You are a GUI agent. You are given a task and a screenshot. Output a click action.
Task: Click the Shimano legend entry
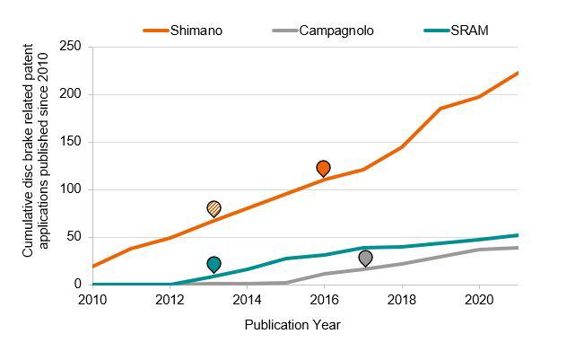point(183,31)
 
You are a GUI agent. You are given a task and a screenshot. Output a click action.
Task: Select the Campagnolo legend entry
point(323,31)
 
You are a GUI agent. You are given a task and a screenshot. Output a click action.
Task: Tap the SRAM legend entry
point(457,31)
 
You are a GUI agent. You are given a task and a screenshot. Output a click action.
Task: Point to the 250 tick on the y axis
point(70,46)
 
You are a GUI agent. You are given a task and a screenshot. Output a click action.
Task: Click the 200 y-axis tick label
point(70,94)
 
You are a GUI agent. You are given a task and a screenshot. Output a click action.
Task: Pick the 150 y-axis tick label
point(70,142)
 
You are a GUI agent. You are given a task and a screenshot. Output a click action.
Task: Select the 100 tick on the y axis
point(70,189)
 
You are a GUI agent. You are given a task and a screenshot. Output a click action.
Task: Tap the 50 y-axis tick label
point(74,237)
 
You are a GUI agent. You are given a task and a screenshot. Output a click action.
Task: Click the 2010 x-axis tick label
point(92,300)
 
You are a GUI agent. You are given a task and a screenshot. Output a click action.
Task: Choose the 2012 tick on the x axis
point(170,300)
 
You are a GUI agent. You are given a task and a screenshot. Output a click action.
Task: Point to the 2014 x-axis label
point(247,300)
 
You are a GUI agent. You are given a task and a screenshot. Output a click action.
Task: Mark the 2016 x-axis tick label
point(325,300)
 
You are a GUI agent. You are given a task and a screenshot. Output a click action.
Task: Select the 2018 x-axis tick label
point(402,300)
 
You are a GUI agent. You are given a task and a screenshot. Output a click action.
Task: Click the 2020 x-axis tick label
point(479,300)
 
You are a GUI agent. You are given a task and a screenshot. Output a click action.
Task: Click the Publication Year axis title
point(292,325)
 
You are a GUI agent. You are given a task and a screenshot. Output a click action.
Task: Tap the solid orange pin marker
point(323,169)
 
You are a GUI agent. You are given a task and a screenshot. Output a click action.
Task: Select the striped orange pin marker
point(214,208)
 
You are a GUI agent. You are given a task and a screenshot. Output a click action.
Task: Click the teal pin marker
point(214,264)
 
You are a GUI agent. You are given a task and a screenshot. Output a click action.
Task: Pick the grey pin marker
point(366,258)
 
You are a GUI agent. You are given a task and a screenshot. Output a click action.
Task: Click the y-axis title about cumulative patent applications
point(35,151)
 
